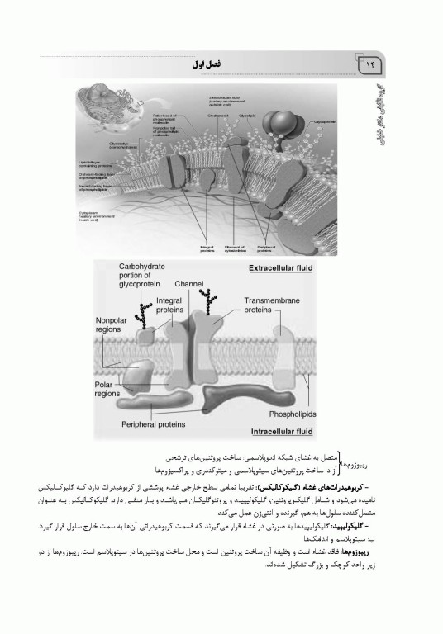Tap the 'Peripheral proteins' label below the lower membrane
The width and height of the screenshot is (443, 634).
(x=154, y=425)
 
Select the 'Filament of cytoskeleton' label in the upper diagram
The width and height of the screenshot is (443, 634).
(x=233, y=246)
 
